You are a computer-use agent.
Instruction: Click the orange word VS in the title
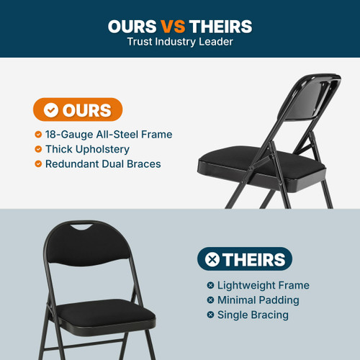pyautogui.click(x=171, y=27)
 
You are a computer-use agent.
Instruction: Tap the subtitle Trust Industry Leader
pyautogui.click(x=179, y=42)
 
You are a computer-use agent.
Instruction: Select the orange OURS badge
pyautogui.click(x=78, y=110)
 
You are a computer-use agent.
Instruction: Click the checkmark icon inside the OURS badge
pyautogui.click(x=50, y=110)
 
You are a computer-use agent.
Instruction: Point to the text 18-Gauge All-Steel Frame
pyautogui.click(x=109, y=135)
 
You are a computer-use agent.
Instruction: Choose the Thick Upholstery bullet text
pyautogui.click(x=87, y=149)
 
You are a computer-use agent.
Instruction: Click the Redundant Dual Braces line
pyautogui.click(x=103, y=164)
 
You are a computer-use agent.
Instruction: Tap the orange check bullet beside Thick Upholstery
pyautogui.click(x=38, y=149)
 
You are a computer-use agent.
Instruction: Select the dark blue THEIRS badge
pyautogui.click(x=244, y=259)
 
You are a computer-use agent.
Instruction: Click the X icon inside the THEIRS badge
pyautogui.click(x=212, y=259)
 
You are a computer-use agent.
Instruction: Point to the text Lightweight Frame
pyautogui.click(x=263, y=285)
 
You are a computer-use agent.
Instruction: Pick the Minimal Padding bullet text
pyautogui.click(x=258, y=300)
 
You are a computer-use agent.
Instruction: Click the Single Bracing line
pyautogui.click(x=253, y=315)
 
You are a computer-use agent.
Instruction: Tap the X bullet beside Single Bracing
pyautogui.click(x=210, y=315)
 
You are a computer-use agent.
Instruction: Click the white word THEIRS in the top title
pyautogui.click(x=220, y=27)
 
